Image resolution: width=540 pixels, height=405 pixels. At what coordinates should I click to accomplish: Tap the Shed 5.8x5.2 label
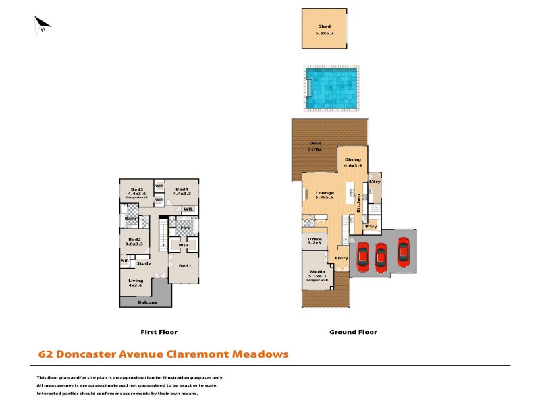tap(325, 29)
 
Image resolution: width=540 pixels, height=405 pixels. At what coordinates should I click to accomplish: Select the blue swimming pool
tap(331, 87)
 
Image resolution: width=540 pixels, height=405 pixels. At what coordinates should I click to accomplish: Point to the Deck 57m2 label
tap(315, 146)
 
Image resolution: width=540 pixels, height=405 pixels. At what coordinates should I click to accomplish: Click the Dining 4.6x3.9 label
tap(353, 162)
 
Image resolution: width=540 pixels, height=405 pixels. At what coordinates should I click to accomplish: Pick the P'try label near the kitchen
tap(371, 226)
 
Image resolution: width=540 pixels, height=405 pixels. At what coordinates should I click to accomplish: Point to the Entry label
tap(342, 258)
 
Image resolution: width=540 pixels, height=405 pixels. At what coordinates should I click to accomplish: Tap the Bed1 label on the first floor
tap(184, 266)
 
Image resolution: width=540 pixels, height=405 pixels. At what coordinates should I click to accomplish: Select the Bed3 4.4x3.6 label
tap(137, 192)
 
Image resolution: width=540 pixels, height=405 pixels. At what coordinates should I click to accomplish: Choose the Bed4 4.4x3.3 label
tap(182, 192)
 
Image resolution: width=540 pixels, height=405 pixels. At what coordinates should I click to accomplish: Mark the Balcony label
tap(147, 302)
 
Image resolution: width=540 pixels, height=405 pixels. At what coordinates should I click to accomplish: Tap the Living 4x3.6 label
tap(136, 282)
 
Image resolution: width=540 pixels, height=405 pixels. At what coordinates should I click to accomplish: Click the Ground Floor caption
tap(353, 332)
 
